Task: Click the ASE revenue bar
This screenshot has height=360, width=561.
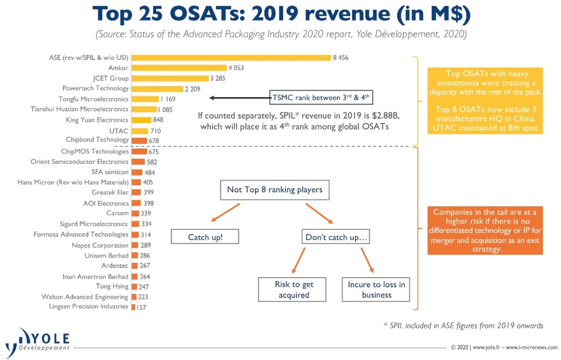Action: [231, 57]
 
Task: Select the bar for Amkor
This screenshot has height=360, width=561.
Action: [179, 68]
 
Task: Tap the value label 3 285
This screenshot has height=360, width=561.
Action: [218, 78]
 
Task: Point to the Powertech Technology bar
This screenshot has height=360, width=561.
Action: [157, 88]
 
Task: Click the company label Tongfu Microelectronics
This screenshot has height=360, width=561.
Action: [93, 99]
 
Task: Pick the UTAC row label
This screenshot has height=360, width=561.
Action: [119, 131]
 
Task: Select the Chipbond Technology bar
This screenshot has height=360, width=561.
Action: [140, 141]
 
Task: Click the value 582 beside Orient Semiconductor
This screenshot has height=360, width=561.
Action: [152, 162]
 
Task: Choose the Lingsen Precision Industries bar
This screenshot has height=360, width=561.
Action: [133, 307]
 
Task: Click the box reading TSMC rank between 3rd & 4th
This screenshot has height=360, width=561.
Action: [321, 97]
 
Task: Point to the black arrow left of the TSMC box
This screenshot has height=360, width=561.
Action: [239, 98]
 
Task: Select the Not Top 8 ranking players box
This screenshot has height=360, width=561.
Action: [275, 190]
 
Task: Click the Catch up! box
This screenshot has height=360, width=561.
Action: [205, 237]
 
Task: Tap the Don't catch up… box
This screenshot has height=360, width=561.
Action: [336, 237]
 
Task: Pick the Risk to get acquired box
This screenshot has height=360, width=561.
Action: [292, 289]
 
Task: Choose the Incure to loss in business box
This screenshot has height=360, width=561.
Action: [376, 289]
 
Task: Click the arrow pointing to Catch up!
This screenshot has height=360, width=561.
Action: [226, 213]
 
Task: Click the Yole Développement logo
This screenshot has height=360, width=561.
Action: [38, 342]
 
